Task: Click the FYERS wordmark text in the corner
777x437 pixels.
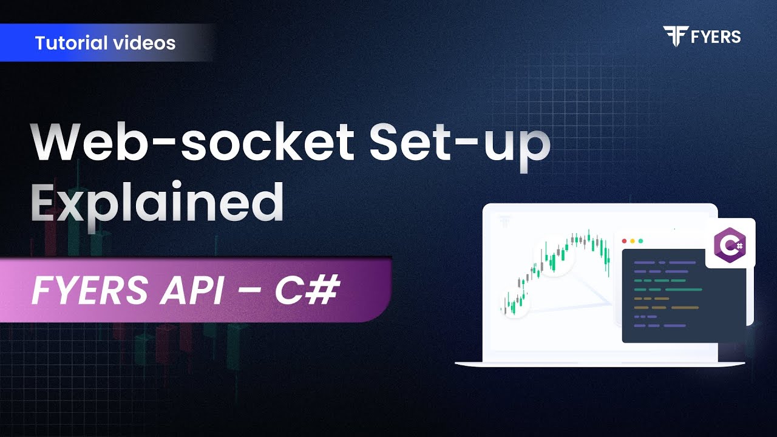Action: [x=716, y=37]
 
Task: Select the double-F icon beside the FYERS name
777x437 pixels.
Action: [x=675, y=36]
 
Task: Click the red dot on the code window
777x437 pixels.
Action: [x=625, y=241]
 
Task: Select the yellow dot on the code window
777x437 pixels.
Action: [x=633, y=241]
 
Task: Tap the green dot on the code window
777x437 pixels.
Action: [x=640, y=241]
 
